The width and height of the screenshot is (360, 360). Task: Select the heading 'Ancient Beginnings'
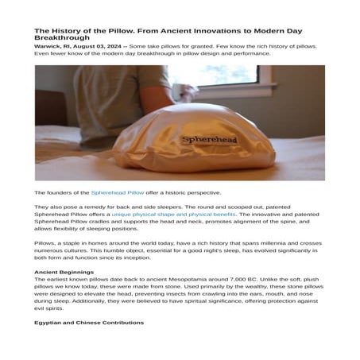click(x=63, y=272)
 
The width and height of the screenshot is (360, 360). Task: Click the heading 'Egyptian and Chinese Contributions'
click(x=89, y=323)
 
